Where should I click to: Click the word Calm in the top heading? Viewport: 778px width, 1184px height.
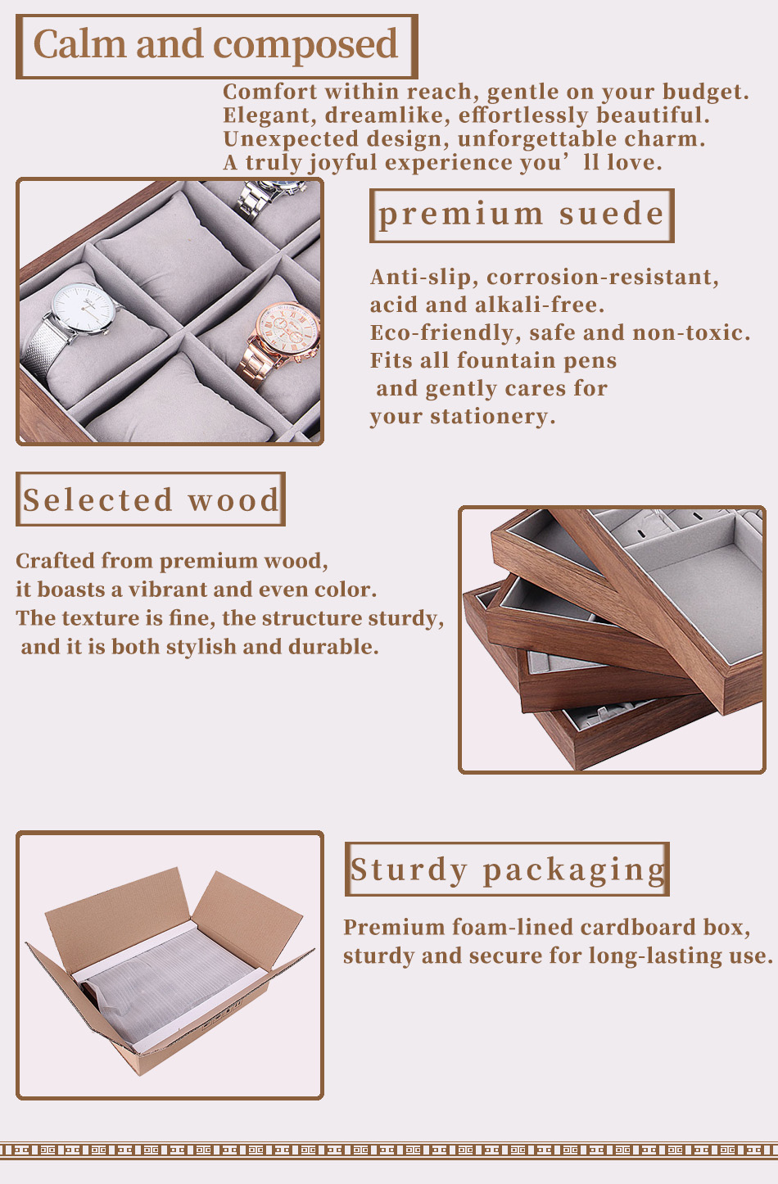point(79,44)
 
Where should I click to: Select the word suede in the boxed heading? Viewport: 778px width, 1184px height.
point(611,214)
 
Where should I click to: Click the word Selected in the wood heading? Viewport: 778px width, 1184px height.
point(97,499)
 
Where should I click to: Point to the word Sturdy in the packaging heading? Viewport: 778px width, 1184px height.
point(409,870)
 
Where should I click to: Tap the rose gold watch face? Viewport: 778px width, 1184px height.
point(288,329)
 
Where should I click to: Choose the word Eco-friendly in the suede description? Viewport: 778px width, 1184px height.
point(442,333)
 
